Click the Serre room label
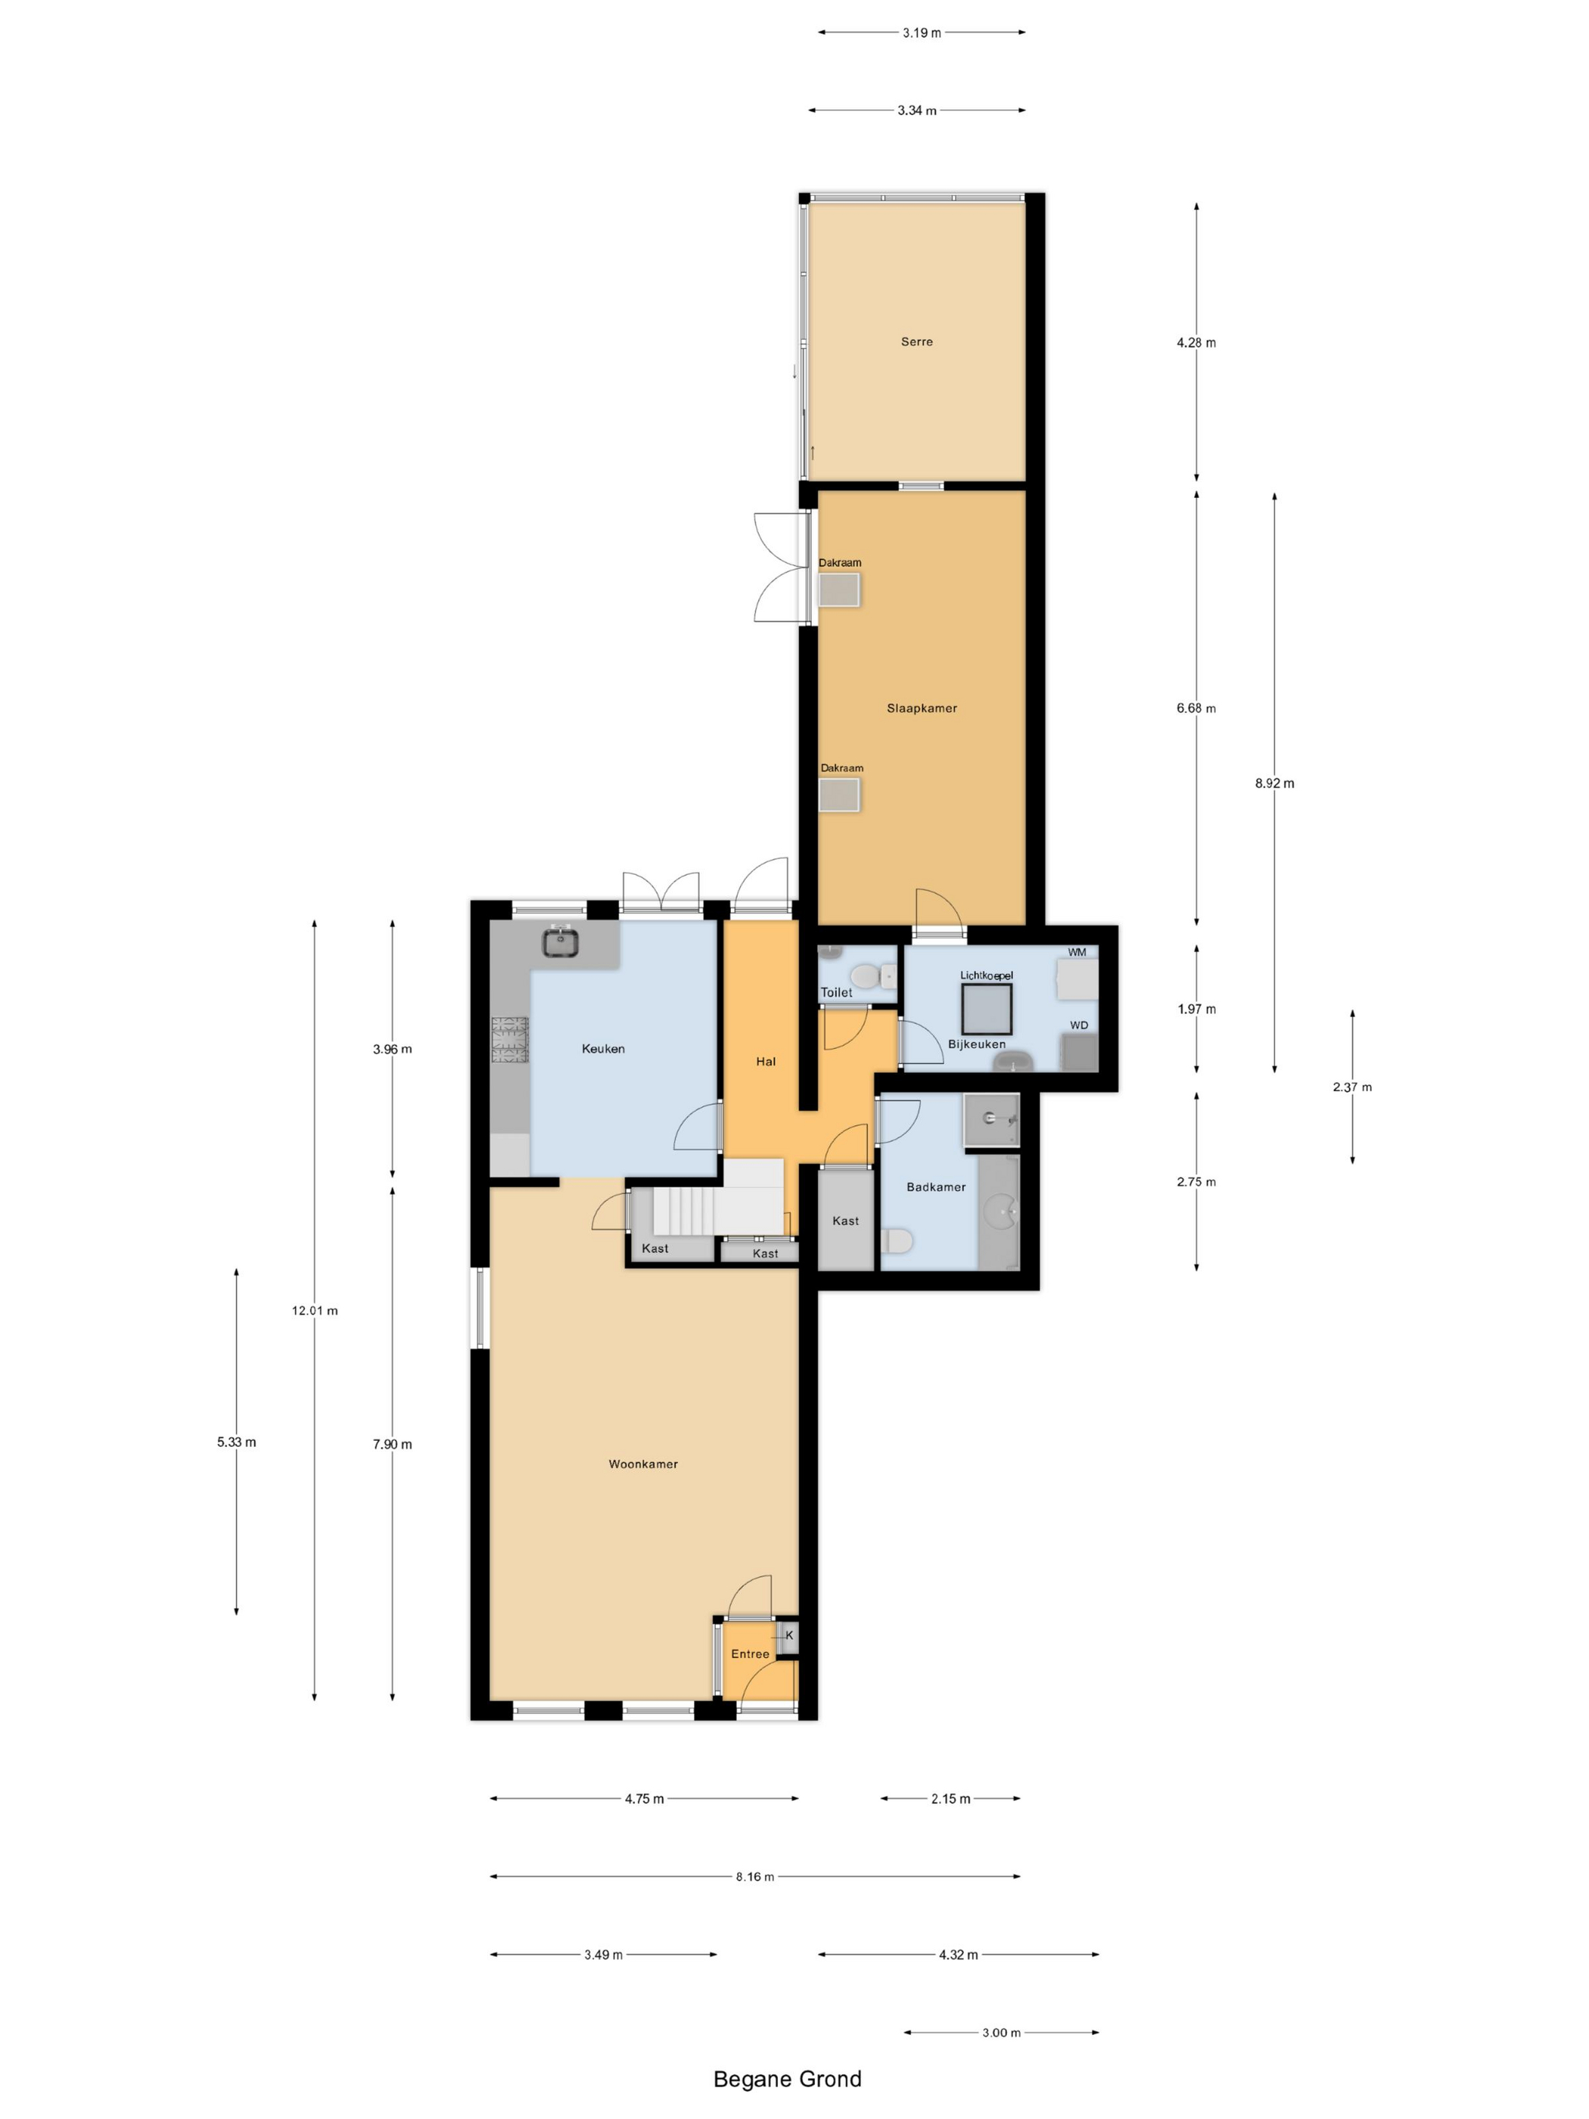tap(916, 342)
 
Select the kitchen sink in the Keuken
tap(561, 943)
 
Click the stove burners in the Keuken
tap(509, 1041)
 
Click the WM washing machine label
tap(1077, 952)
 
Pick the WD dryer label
tap(1078, 1025)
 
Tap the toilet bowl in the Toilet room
tap(865, 976)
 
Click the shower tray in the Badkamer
tap(990, 1119)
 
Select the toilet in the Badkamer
tap(897, 1242)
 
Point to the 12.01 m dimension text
tap(314, 1311)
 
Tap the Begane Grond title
tap(788, 2079)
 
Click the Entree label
tap(750, 1654)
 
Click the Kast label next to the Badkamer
tap(844, 1221)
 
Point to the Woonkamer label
tap(642, 1464)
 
